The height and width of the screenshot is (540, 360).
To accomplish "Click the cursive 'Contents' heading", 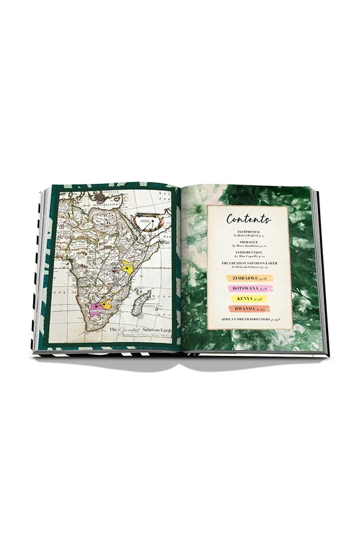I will point(248,219).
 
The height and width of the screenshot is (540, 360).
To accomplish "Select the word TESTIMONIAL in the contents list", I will point(248,231).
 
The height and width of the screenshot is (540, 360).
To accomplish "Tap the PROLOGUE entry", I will point(248,242).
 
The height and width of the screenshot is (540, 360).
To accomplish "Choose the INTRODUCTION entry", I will point(248,253).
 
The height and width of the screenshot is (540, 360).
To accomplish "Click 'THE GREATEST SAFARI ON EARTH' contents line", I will point(248,264).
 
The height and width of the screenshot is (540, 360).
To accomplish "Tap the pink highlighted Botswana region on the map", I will point(96,306).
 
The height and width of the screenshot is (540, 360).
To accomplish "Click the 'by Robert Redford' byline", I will point(248,236).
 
